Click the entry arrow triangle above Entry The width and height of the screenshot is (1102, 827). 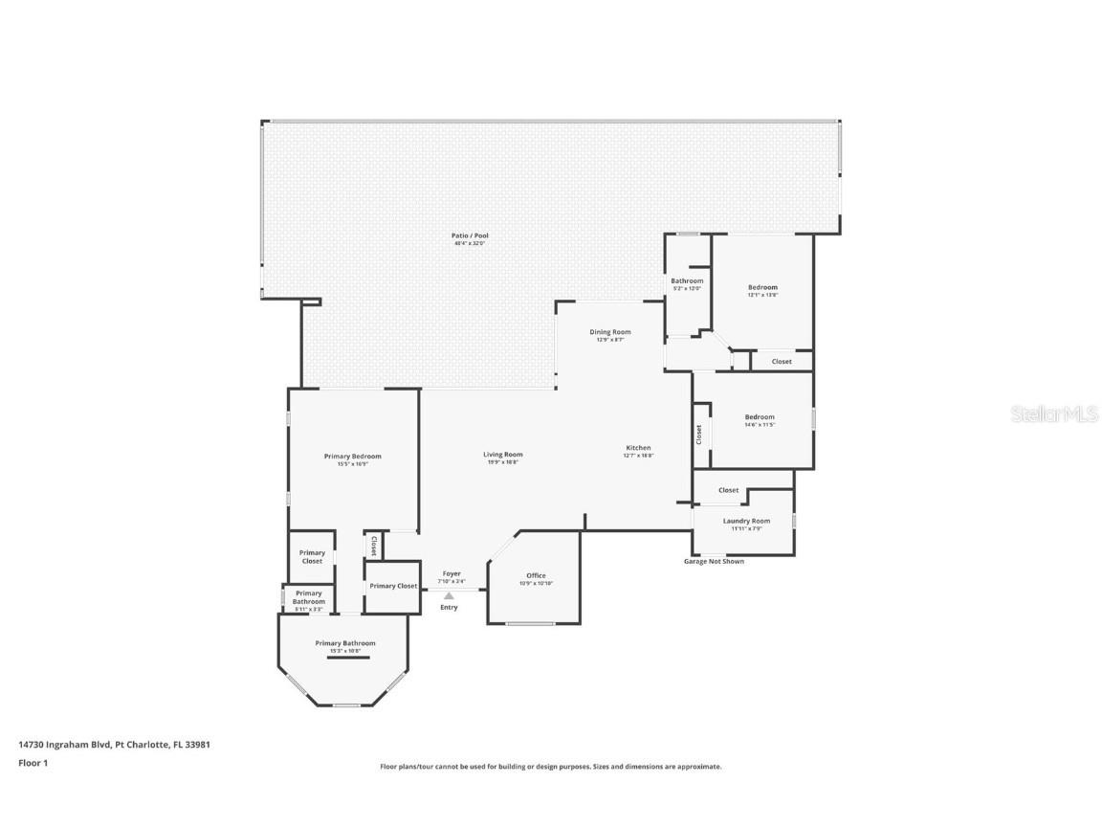click(x=449, y=595)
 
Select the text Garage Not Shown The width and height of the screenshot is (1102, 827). click(x=713, y=561)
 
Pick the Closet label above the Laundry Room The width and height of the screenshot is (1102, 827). click(x=728, y=490)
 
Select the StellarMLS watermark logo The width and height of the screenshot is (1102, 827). click(x=1054, y=413)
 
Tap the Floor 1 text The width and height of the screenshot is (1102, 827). click(x=33, y=763)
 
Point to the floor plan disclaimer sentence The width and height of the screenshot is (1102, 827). click(x=550, y=767)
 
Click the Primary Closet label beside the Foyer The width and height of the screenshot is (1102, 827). click(x=393, y=586)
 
